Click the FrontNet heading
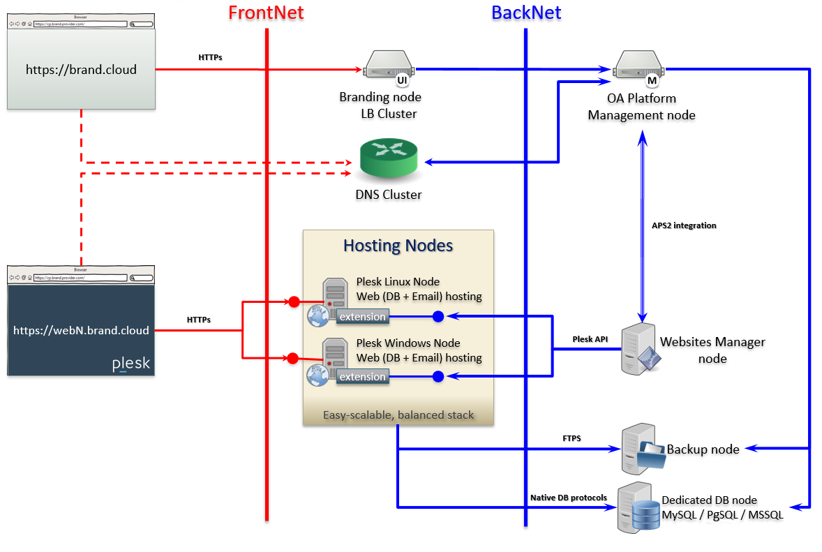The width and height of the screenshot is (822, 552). pos(266,13)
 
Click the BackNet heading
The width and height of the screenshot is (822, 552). pos(526,13)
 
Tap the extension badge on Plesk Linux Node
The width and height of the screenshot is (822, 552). pos(362,317)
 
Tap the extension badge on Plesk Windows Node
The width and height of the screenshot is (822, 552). pos(362,377)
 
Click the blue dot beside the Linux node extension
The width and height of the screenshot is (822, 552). pos(438,317)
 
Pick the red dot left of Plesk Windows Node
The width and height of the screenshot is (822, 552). pos(293,359)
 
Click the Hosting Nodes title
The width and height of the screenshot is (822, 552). pos(398,246)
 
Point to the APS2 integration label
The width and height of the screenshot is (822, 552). pos(683,225)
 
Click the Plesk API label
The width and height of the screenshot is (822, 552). pos(590,339)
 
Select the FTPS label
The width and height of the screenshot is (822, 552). pos(571,438)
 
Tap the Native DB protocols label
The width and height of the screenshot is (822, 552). pos(568,498)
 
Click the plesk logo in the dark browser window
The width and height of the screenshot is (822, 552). pos(130,364)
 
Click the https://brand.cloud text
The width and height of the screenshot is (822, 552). pos(81,70)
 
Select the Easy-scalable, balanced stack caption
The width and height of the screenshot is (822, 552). pos(398,415)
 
